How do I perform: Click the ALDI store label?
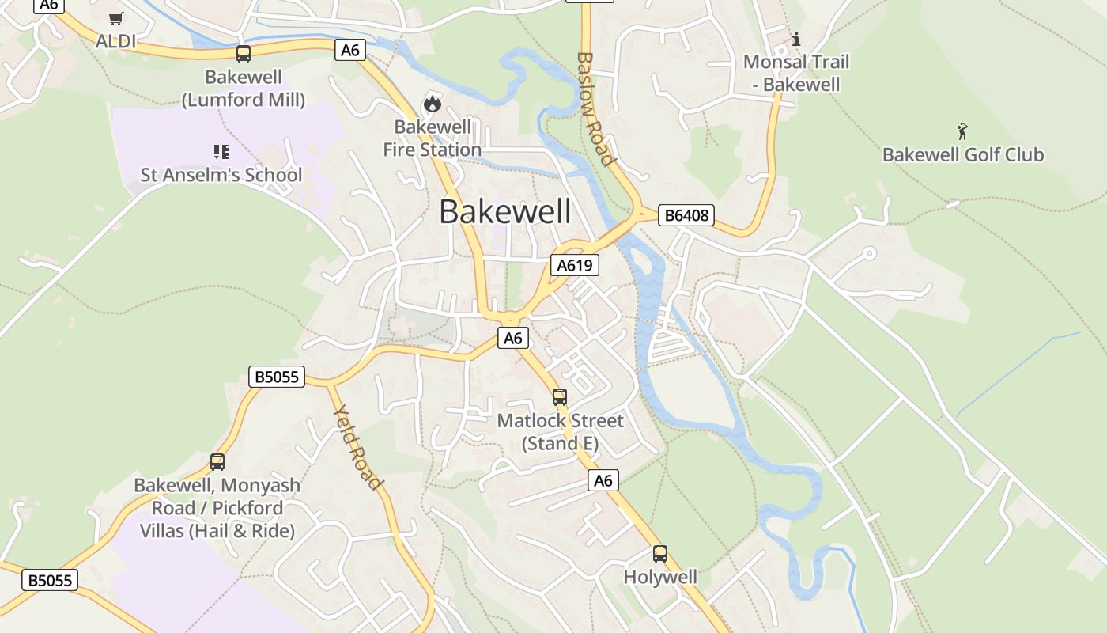pos(115,41)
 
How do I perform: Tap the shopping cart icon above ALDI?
pos(116,18)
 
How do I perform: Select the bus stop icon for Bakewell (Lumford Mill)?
pos(244,54)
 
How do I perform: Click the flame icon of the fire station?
pos(432,103)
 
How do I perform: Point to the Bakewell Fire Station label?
pos(433,138)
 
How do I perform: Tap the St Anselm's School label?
pos(221,175)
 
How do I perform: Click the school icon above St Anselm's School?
pos(221,151)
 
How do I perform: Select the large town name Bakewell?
pos(504,212)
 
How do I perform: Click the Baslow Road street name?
pos(595,109)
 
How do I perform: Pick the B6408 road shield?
pos(686,215)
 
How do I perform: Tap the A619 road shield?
pos(575,265)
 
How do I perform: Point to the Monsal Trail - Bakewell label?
pos(796,73)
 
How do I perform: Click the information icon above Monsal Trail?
pos(796,39)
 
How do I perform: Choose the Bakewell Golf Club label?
pos(963,154)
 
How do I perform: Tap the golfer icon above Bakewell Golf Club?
pos(962,131)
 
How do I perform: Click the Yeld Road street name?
pos(358,447)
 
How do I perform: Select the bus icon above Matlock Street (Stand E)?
pos(560,397)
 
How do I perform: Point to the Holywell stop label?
pos(660,577)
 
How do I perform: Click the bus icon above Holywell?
pos(660,554)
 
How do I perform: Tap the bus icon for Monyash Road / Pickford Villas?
pos(217,462)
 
